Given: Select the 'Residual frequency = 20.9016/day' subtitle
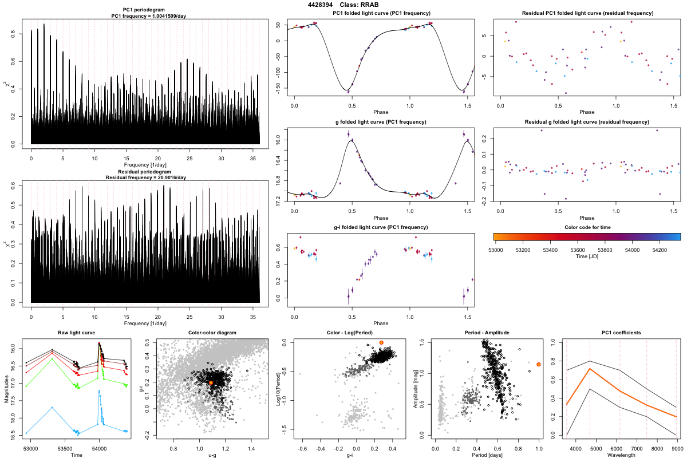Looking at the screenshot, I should pyautogui.click(x=145, y=177).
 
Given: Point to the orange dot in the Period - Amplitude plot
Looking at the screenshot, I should pyautogui.click(x=539, y=364).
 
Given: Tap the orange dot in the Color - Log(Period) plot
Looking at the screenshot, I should pyautogui.click(x=381, y=342).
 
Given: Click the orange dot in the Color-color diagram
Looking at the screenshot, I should pyautogui.click(x=211, y=382).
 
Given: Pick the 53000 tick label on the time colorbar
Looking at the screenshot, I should pyautogui.click(x=495, y=250).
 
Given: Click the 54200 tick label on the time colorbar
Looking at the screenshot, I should pyautogui.click(x=660, y=250).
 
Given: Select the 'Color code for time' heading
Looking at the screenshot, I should pyautogui.click(x=586, y=227).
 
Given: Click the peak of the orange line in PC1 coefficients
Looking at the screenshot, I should pyautogui.click(x=590, y=369).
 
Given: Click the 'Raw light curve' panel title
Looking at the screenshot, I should pyautogui.click(x=77, y=333).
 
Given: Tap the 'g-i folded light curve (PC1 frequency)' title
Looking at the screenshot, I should pyautogui.click(x=381, y=227).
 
